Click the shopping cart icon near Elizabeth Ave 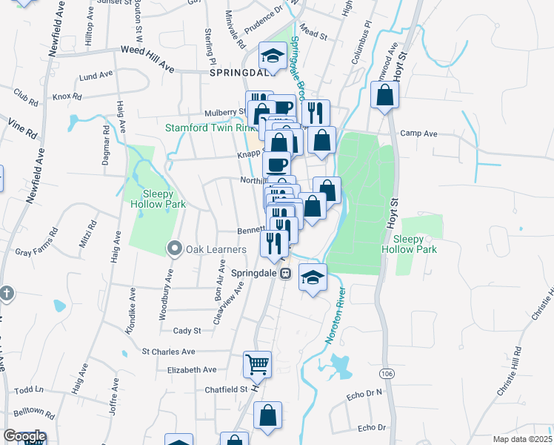tap(257, 364)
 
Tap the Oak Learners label tap(205, 248)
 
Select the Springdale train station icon tap(285, 273)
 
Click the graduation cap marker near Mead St tap(273, 56)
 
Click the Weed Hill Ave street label tap(147, 59)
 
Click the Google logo tap(24, 436)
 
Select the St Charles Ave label tap(168, 351)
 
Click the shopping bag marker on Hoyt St tap(384, 95)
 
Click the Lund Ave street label tap(94, 76)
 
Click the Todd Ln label tap(29, 389)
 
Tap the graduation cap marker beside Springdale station tap(313, 279)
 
